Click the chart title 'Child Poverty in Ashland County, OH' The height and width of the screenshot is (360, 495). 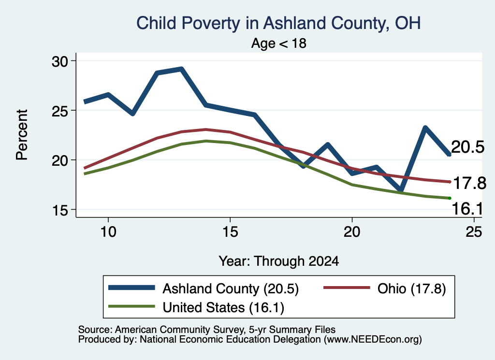278,23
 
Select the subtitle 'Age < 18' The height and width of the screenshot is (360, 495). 279,43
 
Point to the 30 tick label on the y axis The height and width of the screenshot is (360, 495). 60,61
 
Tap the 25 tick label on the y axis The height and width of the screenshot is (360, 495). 60,111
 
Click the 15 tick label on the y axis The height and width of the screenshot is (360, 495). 60,210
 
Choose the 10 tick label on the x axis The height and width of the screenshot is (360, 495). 108,232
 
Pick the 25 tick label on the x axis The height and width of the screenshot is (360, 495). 474,232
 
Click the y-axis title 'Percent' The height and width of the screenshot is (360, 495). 22,135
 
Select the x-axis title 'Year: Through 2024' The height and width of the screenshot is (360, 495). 279,261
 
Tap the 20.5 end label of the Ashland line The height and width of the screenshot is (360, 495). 467,147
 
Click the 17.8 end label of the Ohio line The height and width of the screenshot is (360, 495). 469,183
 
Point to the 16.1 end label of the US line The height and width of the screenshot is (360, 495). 467,209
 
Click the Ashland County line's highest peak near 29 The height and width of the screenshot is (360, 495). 181,69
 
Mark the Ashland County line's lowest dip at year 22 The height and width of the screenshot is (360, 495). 401,190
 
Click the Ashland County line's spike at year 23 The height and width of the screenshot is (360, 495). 425,128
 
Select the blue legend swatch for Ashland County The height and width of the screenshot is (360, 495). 131,288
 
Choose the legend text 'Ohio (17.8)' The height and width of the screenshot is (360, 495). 412,288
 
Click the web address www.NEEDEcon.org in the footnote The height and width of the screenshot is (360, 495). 373,339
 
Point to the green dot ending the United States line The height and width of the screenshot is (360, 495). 450,198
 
